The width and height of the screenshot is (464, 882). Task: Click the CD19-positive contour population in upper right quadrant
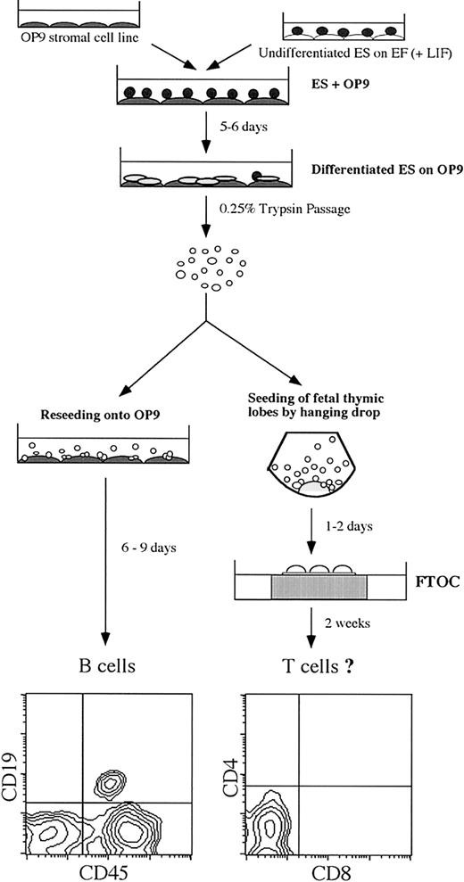(x=109, y=784)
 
